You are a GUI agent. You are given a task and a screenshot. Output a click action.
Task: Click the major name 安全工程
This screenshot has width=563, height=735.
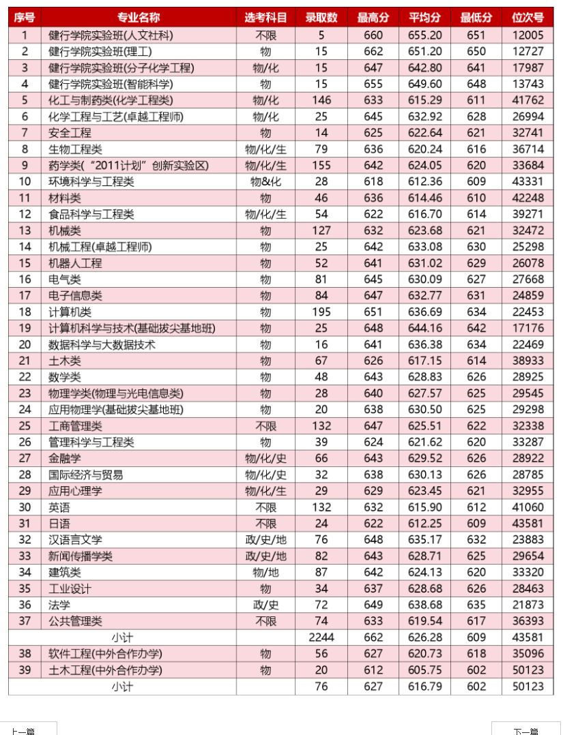(70, 133)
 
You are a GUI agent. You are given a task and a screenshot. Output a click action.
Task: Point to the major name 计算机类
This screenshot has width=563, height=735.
(70, 312)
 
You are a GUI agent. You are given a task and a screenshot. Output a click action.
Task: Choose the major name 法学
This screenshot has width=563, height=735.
(59, 605)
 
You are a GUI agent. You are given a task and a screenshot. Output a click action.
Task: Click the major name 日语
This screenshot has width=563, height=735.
(59, 524)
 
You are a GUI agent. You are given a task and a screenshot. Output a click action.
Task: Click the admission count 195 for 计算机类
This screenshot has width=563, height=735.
(321, 312)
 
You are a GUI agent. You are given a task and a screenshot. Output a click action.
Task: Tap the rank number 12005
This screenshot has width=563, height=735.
(528, 35)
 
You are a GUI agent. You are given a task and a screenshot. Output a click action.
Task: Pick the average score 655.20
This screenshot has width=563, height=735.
(424, 35)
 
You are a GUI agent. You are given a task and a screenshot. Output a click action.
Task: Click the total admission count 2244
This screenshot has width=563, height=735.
(321, 637)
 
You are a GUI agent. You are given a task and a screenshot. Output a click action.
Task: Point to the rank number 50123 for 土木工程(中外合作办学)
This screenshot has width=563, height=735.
(528, 670)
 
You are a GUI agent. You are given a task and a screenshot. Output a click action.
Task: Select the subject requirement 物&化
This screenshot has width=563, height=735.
(265, 182)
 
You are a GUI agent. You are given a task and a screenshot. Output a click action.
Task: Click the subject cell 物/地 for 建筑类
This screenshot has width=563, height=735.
(265, 573)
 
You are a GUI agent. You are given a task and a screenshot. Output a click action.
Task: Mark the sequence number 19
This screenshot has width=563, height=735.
(25, 328)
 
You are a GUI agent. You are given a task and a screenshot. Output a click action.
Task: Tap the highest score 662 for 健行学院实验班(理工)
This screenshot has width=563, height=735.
(373, 51)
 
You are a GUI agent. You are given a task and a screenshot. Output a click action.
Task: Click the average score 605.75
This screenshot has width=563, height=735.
(424, 670)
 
